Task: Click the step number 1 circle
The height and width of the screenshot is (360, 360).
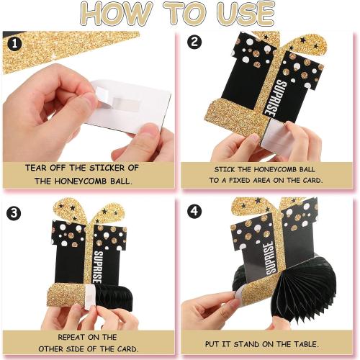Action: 14,44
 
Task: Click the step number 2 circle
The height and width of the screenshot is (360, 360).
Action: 194,42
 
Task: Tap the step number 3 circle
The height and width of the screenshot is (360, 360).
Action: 14,213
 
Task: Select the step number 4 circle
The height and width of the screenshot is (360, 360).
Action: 194,211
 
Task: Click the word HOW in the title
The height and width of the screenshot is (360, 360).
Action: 116,14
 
